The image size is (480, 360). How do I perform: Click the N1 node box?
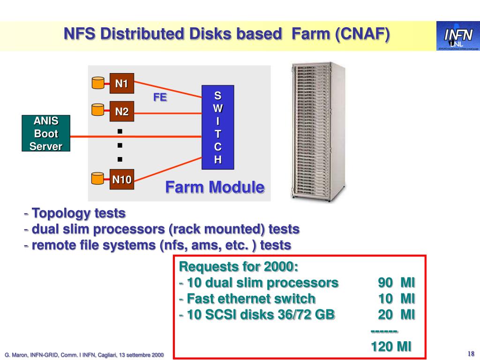coord(122,84)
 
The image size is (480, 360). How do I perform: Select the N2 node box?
coord(122,112)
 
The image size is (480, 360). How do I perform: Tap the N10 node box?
coord(122,179)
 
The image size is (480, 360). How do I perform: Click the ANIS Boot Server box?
coord(46,134)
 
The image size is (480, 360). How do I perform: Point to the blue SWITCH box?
coord(217,127)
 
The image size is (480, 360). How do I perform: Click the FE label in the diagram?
coord(160,97)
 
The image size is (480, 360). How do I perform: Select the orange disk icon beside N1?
coord(97,83)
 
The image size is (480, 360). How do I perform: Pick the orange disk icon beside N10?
coord(97,178)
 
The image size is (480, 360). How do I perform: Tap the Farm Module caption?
coord(215,187)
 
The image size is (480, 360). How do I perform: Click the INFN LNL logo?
coord(457,36)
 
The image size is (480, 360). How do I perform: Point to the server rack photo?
coord(318,132)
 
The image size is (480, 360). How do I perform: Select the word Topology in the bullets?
coord(61,214)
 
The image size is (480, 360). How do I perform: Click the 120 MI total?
coord(391,346)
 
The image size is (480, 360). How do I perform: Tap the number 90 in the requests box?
coord(385,283)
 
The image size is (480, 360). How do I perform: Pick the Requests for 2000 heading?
coord(239,267)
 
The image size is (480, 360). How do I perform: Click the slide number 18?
coord(471,353)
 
